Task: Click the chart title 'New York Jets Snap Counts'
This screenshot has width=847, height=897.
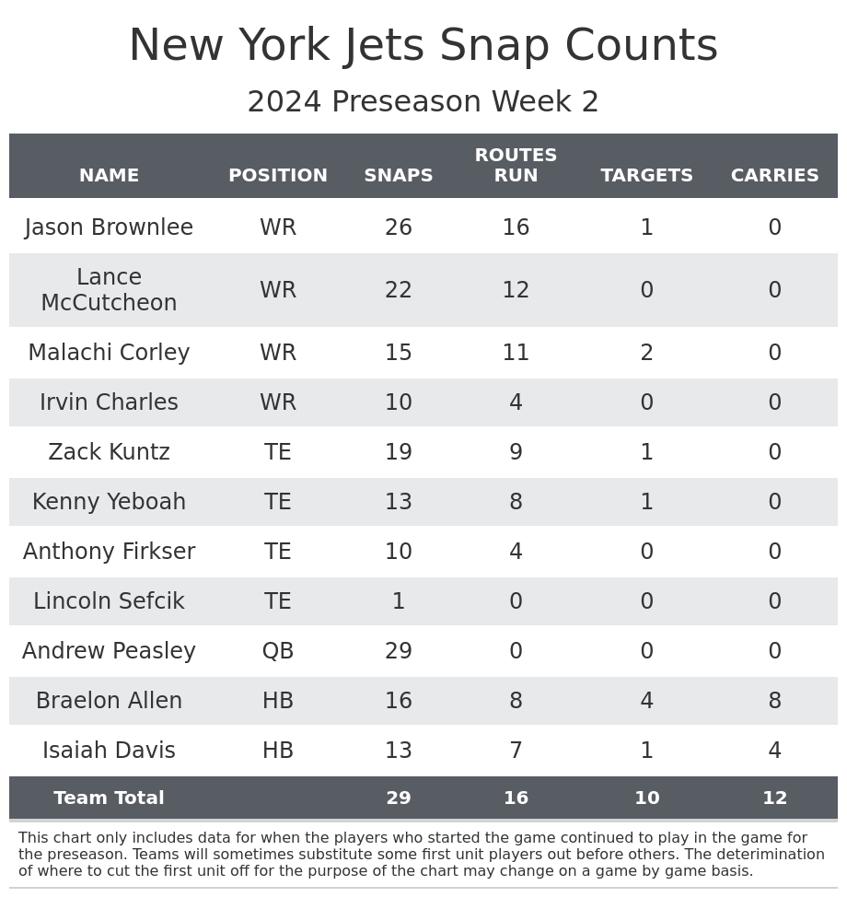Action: click(x=423, y=46)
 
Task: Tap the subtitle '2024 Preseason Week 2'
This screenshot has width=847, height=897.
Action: click(x=423, y=102)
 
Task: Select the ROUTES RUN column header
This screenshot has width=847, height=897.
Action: click(x=516, y=166)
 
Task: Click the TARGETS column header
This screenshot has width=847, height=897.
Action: click(x=646, y=176)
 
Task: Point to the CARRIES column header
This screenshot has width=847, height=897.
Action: click(x=774, y=176)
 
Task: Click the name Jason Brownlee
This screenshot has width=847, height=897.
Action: click(x=109, y=227)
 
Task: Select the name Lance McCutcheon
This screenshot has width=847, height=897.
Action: click(x=109, y=290)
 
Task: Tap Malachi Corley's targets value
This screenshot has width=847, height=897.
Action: click(x=646, y=353)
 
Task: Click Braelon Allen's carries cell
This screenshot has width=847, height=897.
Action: click(x=774, y=701)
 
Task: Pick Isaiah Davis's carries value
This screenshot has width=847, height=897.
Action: click(x=774, y=751)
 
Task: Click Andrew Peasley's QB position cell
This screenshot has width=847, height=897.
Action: click(x=277, y=651)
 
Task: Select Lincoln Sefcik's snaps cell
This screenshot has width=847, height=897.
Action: click(x=398, y=601)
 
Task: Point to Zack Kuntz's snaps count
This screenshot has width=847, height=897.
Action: click(x=398, y=452)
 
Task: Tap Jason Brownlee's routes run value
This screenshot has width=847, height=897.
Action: click(x=516, y=227)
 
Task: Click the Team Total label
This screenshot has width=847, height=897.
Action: click(x=109, y=798)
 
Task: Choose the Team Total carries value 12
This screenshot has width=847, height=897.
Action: click(x=774, y=798)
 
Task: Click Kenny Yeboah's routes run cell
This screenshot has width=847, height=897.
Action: click(x=516, y=502)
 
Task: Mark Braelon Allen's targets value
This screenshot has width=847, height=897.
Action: click(x=646, y=701)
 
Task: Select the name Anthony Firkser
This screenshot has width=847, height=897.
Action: click(x=109, y=552)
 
